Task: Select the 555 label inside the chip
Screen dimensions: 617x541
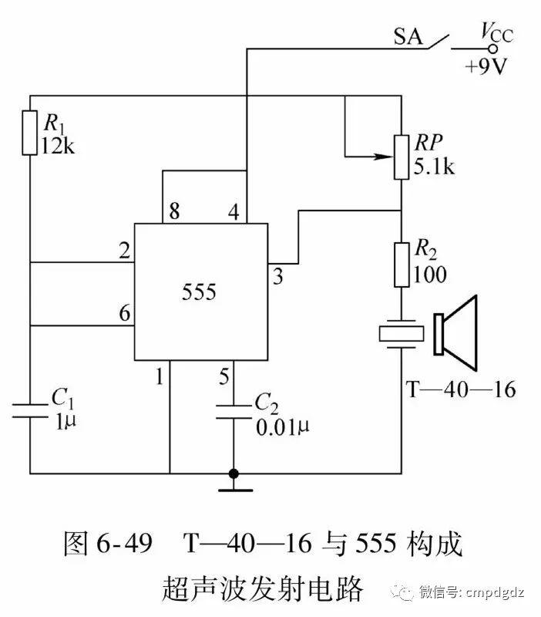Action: point(200,292)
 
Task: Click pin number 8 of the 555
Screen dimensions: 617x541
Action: point(175,212)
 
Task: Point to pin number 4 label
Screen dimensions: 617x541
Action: point(232,212)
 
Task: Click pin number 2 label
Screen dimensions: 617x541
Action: point(124,251)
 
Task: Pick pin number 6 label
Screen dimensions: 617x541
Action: point(124,314)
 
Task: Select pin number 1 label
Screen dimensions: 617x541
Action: point(159,377)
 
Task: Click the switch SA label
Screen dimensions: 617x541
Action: point(408,36)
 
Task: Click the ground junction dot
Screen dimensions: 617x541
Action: point(233,473)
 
